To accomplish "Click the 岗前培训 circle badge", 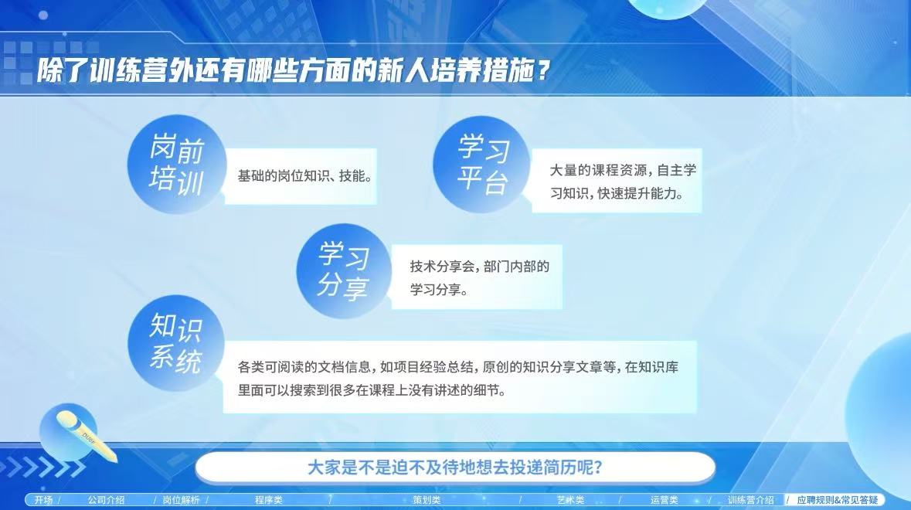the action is [176, 165].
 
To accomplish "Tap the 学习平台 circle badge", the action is [481, 164].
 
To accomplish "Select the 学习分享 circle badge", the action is [344, 270].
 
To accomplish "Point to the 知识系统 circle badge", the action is [176, 343].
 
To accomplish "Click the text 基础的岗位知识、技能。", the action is [305, 176].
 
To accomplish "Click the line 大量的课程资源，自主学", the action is [623, 170].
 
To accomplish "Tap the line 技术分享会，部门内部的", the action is [479, 267].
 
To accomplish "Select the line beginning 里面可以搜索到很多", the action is [372, 390].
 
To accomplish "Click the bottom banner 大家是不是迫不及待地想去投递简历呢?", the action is [455, 467].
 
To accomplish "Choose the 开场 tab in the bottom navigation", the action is [43, 499].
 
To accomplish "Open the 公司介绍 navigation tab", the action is [107, 499].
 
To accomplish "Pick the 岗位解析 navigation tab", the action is [181, 499].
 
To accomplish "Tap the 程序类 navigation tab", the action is [268, 499].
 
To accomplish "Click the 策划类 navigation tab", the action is [427, 499].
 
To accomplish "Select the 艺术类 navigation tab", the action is [570, 499].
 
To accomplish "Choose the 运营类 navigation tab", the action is [664, 499].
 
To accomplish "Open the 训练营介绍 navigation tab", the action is [750, 499].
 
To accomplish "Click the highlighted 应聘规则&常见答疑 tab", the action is [838, 499].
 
